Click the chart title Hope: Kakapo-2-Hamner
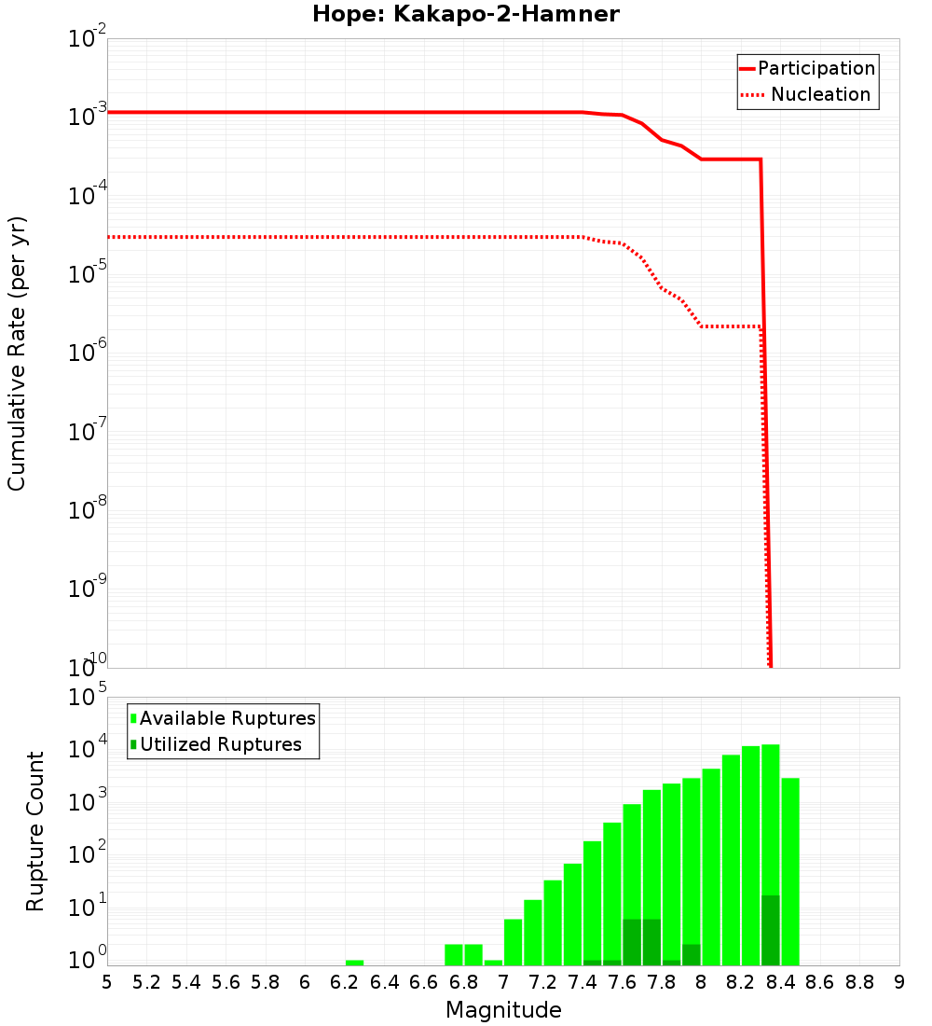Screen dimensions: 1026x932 [465, 14]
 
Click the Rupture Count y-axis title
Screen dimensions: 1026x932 [35, 831]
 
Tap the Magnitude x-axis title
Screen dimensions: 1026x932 [503, 1010]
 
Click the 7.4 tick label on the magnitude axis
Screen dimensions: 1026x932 [582, 982]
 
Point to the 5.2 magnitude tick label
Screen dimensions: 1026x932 [146, 982]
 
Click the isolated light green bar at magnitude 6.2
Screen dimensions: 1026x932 [354, 963]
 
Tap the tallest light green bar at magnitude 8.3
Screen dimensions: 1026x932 [771, 821]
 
